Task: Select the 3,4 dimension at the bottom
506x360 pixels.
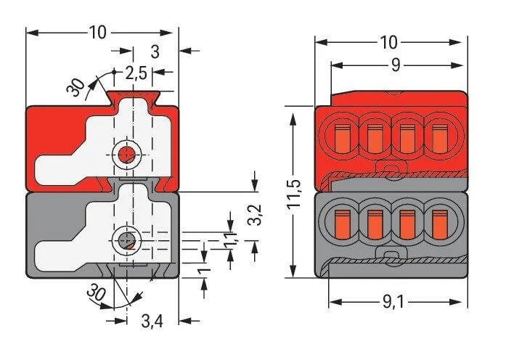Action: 151,320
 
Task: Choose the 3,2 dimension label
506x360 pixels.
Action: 254,216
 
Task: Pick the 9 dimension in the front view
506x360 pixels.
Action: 396,65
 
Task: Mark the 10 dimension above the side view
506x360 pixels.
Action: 99,33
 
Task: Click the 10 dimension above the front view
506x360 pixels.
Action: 389,41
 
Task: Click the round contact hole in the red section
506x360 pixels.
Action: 127,154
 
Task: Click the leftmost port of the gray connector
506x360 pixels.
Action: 340,222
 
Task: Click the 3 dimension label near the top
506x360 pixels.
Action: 155,52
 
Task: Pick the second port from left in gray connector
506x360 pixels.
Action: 374,222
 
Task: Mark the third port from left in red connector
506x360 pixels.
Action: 407,135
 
